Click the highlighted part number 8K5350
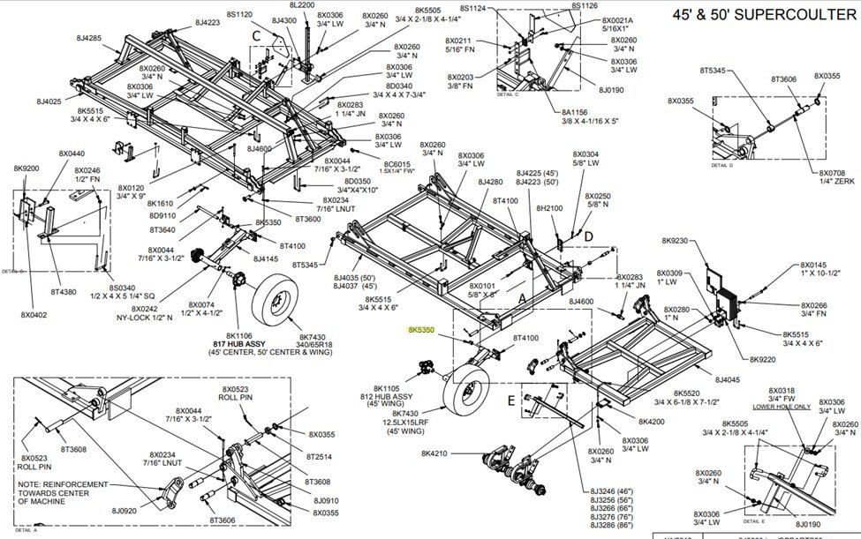[422, 329]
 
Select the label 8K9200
[26, 168]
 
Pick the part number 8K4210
[435, 453]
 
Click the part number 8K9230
[676, 240]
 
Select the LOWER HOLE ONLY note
[780, 407]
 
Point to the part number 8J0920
[125, 510]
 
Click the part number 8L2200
[302, 6]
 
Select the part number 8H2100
[549, 208]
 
